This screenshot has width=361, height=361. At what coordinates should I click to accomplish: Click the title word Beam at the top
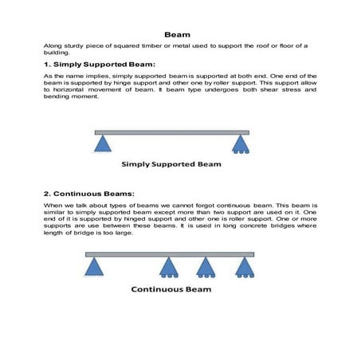coord(176,35)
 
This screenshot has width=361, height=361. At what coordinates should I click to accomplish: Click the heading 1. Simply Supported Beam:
coord(99,64)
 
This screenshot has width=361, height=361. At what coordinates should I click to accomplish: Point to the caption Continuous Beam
coord(172,289)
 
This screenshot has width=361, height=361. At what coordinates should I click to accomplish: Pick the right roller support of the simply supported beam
coord(240,143)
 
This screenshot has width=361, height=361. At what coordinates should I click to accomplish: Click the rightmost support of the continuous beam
coord(244,267)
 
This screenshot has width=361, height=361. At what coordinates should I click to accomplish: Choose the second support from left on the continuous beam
coord(168,267)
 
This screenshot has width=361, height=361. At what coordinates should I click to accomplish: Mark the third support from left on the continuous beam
coord(206,267)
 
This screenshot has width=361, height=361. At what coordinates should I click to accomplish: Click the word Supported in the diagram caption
coord(177,165)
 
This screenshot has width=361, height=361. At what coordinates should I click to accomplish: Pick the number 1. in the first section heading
coord(47,64)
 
